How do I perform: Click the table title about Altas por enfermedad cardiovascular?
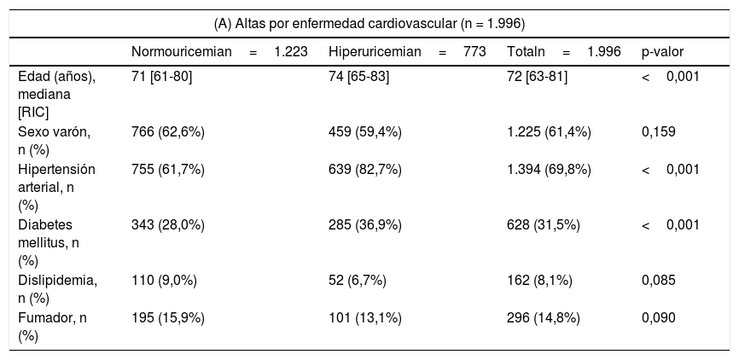pyautogui.click(x=369, y=24)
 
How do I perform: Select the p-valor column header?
pyautogui.click(x=663, y=52)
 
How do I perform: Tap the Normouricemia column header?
pyautogui.click(x=219, y=52)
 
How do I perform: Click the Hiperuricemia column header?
pyautogui.click(x=407, y=52)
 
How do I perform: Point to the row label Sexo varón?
pyautogui.click(x=54, y=141)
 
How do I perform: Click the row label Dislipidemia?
pyautogui.click(x=57, y=290)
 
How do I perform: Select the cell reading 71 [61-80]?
pyautogui.click(x=161, y=76)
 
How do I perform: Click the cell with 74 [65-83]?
pyautogui.click(x=358, y=76)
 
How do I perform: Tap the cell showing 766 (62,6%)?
pyautogui.click(x=168, y=132)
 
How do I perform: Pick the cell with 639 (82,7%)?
pyautogui.click(x=364, y=170)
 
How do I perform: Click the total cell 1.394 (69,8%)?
pyautogui.click(x=549, y=170)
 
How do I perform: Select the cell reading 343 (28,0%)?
pyautogui.click(x=168, y=225)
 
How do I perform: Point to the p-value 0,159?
pyautogui.click(x=659, y=132)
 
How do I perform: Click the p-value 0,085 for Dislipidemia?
pyautogui.click(x=659, y=281)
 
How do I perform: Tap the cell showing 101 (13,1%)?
pyautogui.click(x=364, y=318)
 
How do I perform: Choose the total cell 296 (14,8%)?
pyautogui.click(x=544, y=318)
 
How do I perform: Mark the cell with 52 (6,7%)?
pyautogui.click(x=358, y=282)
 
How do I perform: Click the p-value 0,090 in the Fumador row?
pyautogui.click(x=659, y=318)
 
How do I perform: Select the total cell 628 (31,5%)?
pyautogui.click(x=544, y=225)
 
